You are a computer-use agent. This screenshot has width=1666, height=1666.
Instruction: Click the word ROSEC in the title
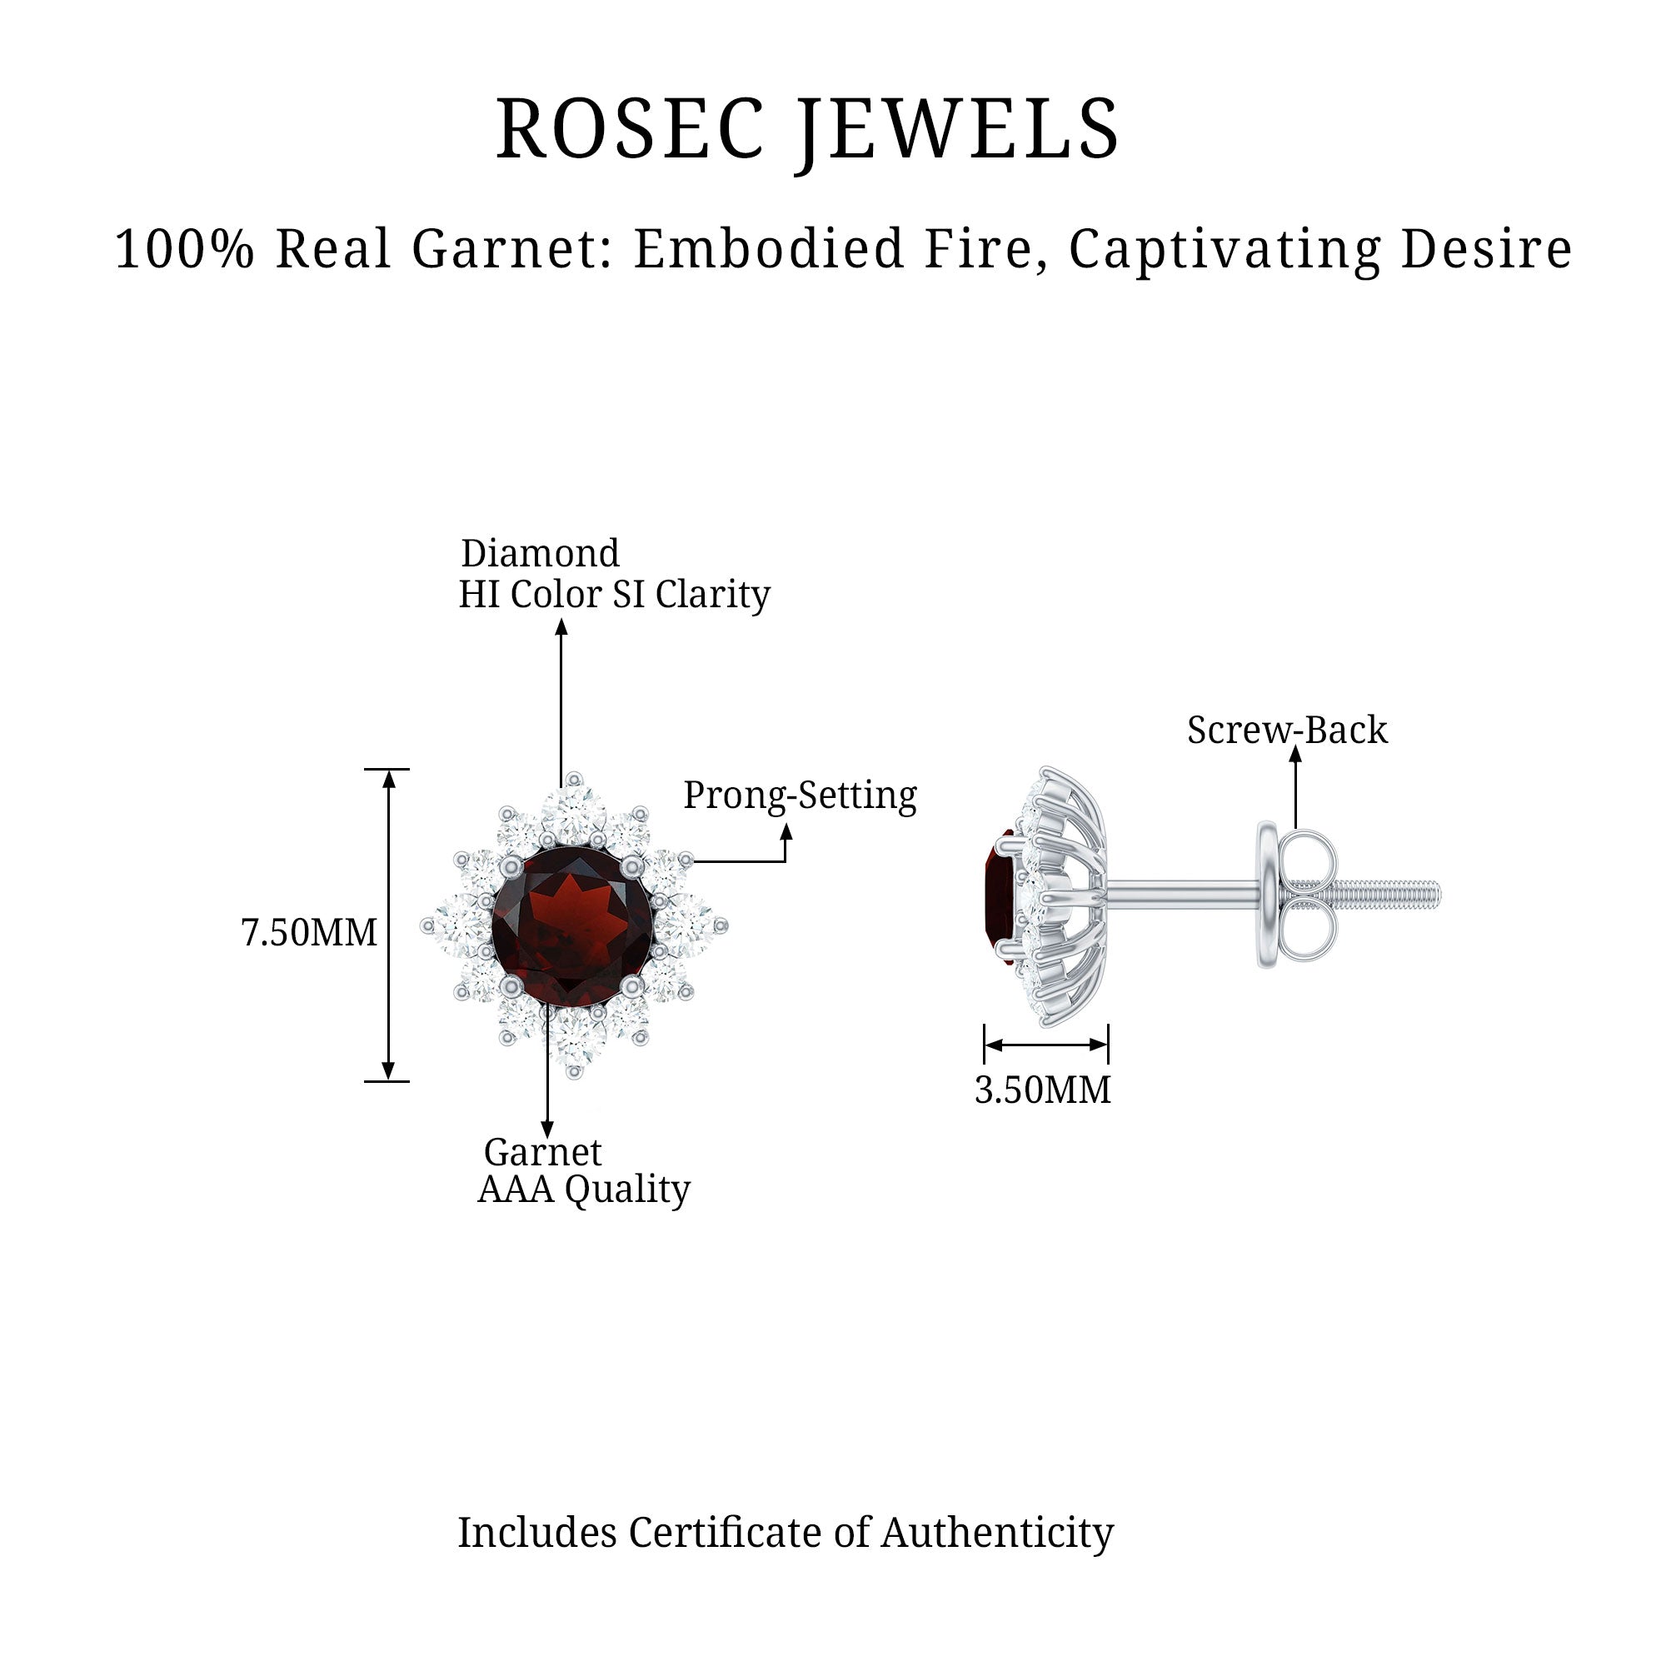pyautogui.click(x=631, y=128)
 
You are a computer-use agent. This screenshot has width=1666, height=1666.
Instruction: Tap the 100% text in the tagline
pyautogui.click(x=185, y=249)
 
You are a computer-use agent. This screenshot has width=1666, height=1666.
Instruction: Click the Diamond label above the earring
pyautogui.click(x=540, y=553)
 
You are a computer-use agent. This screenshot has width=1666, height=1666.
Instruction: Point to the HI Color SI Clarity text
pyautogui.click(x=614, y=594)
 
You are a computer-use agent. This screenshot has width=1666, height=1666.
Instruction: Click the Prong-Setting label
pyautogui.click(x=800, y=795)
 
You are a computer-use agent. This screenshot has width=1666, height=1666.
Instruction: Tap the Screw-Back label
pyautogui.click(x=1287, y=730)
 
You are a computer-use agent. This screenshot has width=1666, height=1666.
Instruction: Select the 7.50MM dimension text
pyautogui.click(x=309, y=932)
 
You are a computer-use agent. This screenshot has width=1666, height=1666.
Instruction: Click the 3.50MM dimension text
pyautogui.click(x=1043, y=1090)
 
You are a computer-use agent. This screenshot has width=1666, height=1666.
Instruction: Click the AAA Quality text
pyautogui.click(x=584, y=1190)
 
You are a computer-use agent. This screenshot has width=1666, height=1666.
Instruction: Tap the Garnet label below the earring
pyautogui.click(x=542, y=1152)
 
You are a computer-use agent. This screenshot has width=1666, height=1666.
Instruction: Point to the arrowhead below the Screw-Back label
pyautogui.click(x=1295, y=754)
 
